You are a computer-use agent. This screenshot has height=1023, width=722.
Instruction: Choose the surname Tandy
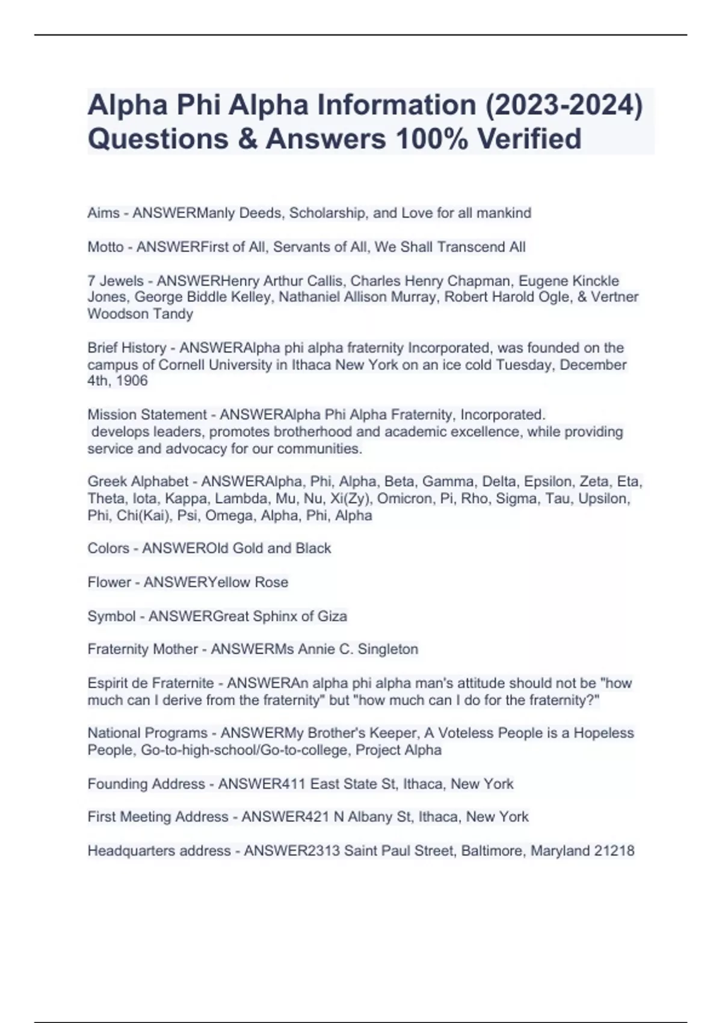point(173,314)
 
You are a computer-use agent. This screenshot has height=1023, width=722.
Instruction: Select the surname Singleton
point(387,649)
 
